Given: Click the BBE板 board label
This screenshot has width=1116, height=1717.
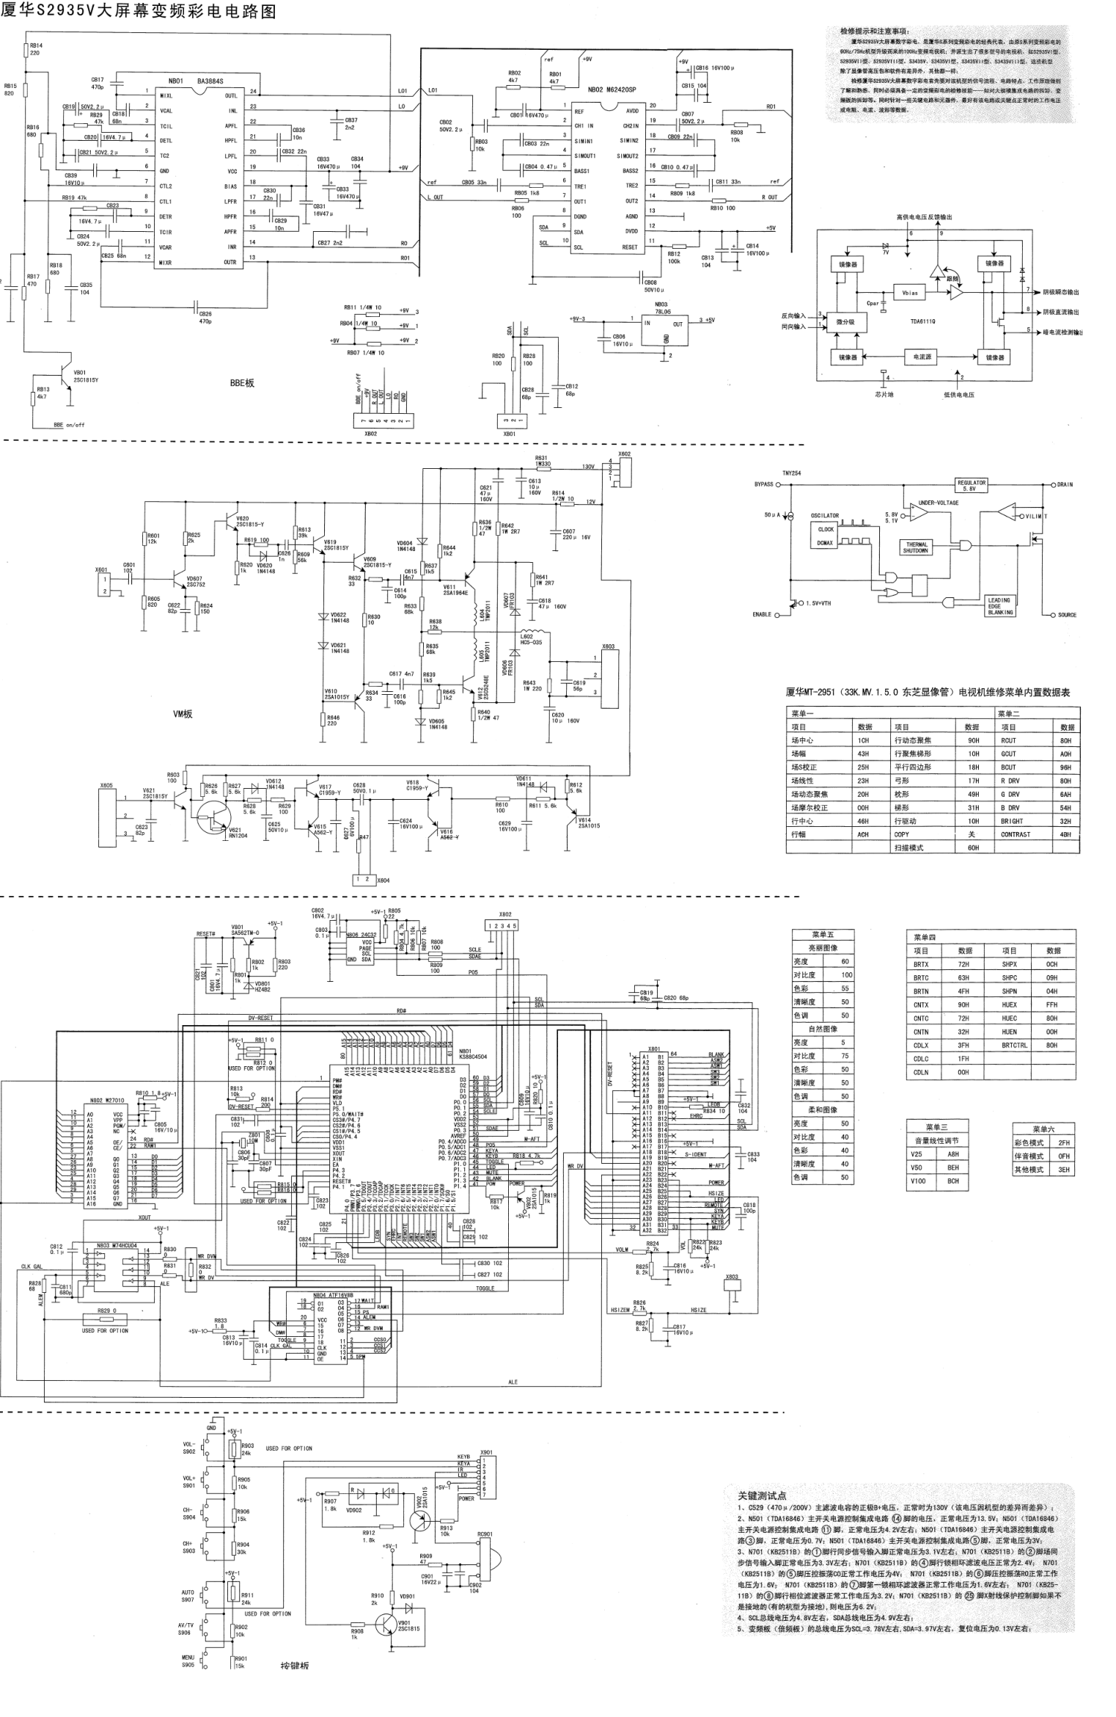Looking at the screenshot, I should [x=241, y=383].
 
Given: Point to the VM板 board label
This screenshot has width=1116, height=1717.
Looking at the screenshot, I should [x=183, y=713].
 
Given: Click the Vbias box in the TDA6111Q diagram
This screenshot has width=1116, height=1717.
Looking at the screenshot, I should [x=910, y=293].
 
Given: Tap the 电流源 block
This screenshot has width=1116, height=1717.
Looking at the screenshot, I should [x=922, y=357].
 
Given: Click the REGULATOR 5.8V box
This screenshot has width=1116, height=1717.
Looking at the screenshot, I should [x=972, y=485].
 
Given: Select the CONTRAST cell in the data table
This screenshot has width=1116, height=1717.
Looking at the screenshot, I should [x=1016, y=834].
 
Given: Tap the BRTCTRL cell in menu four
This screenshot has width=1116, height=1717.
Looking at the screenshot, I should [x=1014, y=1046].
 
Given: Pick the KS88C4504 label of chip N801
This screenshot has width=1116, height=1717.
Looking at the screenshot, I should [x=473, y=1057].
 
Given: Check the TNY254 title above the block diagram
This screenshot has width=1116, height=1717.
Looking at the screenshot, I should [x=791, y=473].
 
